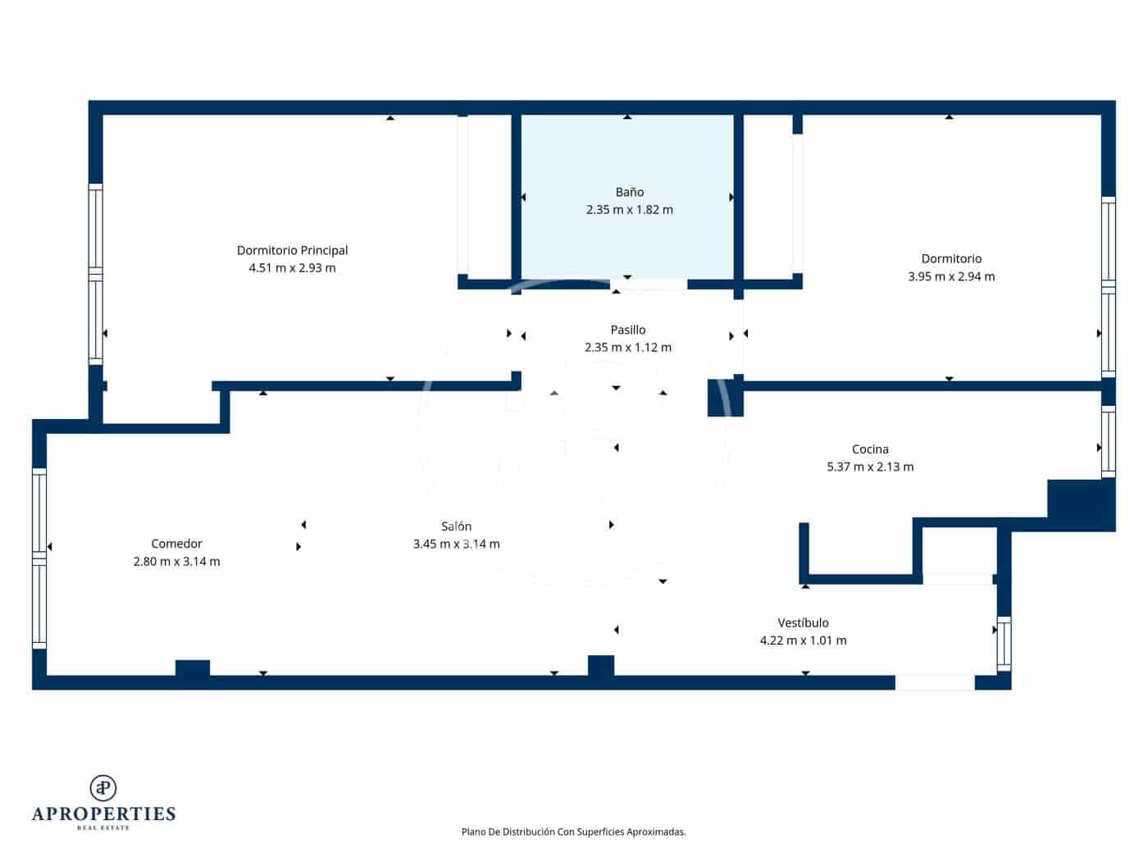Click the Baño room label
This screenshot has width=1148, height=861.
pyautogui.click(x=629, y=192)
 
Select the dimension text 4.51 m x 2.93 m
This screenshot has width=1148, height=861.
pyautogui.click(x=292, y=268)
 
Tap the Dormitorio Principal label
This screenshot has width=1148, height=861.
pyautogui.click(x=292, y=250)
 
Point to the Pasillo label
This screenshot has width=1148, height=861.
pyautogui.click(x=627, y=330)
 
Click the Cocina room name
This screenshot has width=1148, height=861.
pyautogui.click(x=870, y=449)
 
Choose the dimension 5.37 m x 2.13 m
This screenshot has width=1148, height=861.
pyautogui.click(x=870, y=467)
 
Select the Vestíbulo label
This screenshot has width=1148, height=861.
pyautogui.click(x=803, y=623)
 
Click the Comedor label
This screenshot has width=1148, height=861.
pyautogui.click(x=176, y=544)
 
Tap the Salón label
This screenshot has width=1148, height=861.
pyautogui.click(x=456, y=526)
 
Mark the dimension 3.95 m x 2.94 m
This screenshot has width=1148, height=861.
pyautogui.click(x=951, y=276)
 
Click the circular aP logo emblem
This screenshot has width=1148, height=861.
pyautogui.click(x=103, y=788)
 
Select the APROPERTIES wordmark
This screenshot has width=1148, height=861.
pyautogui.click(x=103, y=813)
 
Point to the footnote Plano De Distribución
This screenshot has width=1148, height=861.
pyautogui.click(x=573, y=831)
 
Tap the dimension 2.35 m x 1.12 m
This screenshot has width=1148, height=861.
pyautogui.click(x=627, y=348)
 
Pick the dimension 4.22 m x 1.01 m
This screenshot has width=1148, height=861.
pyautogui.click(x=803, y=640)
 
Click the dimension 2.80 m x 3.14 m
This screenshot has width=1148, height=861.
pyautogui.click(x=176, y=562)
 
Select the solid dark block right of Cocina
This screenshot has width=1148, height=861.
pyautogui.click(x=1081, y=503)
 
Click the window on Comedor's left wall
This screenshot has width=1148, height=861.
pyautogui.click(x=39, y=558)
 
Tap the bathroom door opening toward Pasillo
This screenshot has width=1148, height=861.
pyautogui.click(x=649, y=285)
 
